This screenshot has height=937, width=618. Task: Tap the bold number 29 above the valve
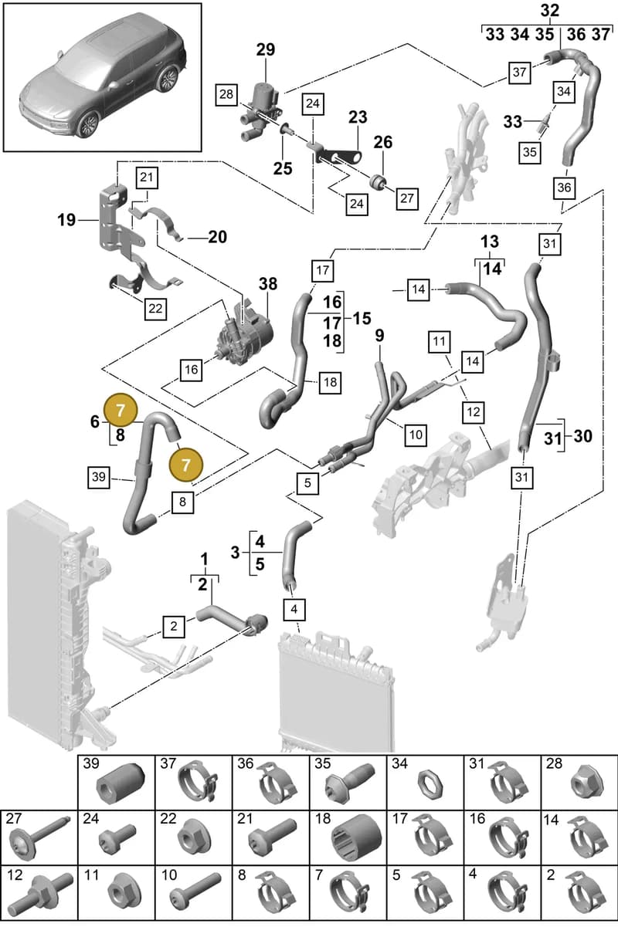coord(266,49)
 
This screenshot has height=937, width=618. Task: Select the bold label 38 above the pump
coord(268,284)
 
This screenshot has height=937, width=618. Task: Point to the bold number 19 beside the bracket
coord(66,220)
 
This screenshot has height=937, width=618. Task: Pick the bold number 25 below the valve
coord(283,168)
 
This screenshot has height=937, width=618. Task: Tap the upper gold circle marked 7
coord(121,411)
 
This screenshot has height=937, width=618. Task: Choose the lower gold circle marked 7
coord(185,465)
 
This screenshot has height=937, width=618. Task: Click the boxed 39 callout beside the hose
coord(99,477)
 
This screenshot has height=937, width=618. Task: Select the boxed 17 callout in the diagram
coord(322,270)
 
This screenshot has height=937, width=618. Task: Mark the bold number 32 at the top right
coord(550,11)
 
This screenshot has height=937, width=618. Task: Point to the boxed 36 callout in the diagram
coord(564,188)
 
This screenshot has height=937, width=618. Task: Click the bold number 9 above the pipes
coord(379,336)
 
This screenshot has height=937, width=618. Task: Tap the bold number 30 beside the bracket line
coord(582,436)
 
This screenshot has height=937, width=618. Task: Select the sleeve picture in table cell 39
coord(121,784)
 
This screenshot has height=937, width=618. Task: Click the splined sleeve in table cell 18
coord(356,837)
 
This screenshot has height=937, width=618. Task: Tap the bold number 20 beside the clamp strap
coord(217,237)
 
